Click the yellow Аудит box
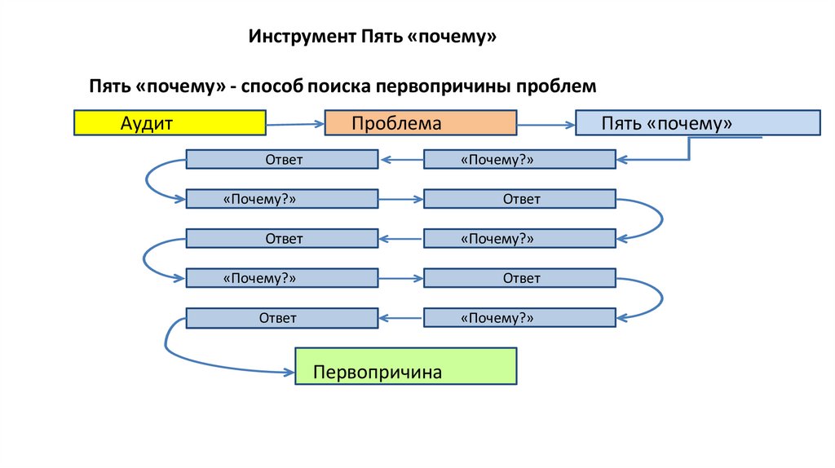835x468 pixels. (x=170, y=122)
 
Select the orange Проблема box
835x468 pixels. (x=421, y=123)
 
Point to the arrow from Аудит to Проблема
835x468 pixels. (x=295, y=125)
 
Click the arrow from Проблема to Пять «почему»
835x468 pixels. (x=546, y=125)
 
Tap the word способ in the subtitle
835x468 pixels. (x=273, y=86)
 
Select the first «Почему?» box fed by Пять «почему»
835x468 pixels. (x=519, y=160)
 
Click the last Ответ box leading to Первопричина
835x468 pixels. (x=281, y=318)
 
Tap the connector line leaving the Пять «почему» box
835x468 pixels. (x=690, y=147)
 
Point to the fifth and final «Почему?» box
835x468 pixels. (x=519, y=318)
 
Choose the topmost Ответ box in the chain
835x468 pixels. (x=281, y=160)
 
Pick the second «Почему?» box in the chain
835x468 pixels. (x=281, y=199)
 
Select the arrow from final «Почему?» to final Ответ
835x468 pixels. (x=400, y=318)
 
